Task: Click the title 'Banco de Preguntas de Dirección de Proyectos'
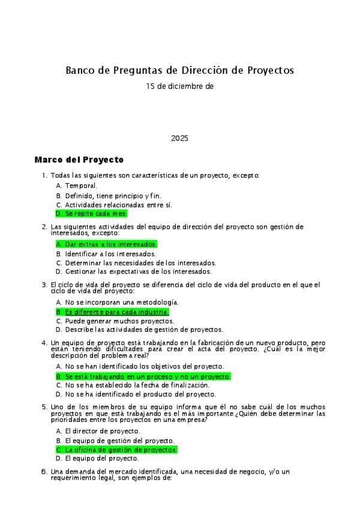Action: (179, 70)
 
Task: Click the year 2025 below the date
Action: (179, 138)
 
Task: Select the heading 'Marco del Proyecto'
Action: (79, 160)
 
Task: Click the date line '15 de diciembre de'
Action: (179, 86)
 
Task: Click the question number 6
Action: (44, 472)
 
